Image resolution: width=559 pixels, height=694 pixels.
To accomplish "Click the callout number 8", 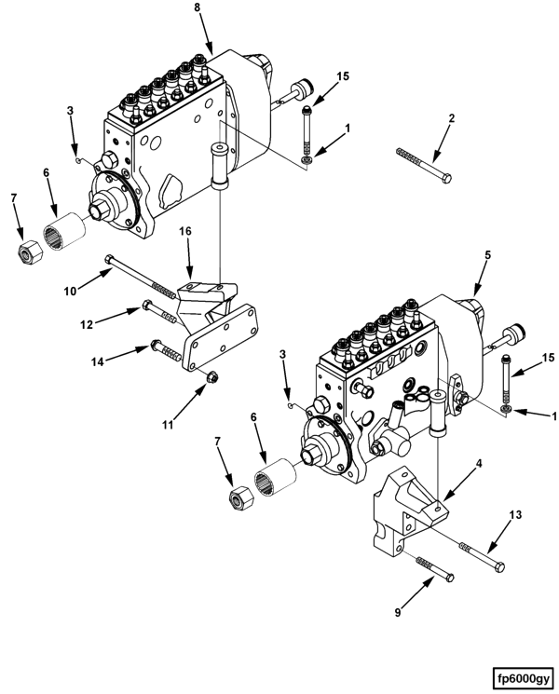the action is pos(197,7).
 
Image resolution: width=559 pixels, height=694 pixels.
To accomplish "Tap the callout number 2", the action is pos(451,118).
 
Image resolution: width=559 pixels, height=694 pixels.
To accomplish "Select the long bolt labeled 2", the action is pos(424,165).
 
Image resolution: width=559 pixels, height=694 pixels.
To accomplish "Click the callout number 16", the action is pos(185,231).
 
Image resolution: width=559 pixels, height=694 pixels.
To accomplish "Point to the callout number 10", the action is pos(71,291).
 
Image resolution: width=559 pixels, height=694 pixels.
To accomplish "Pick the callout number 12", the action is pos(87,324).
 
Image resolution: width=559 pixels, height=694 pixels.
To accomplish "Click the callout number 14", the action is pos(98,361).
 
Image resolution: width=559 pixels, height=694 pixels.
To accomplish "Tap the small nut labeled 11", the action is pos(212,377).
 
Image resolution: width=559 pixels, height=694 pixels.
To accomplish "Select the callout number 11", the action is pos(168,425).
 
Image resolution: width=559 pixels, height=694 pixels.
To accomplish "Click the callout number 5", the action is pos(488,255).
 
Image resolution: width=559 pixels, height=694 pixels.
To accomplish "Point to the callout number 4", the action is pos(479,463).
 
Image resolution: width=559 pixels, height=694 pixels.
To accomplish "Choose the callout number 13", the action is pos(515,515).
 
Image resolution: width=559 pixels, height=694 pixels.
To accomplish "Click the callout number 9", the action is pos(398,613).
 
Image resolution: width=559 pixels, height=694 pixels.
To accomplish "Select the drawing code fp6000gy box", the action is pos(524,678).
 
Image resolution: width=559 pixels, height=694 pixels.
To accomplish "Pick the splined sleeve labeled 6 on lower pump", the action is pos(275,478).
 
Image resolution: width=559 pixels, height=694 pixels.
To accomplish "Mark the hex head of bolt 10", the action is pos(109,259).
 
